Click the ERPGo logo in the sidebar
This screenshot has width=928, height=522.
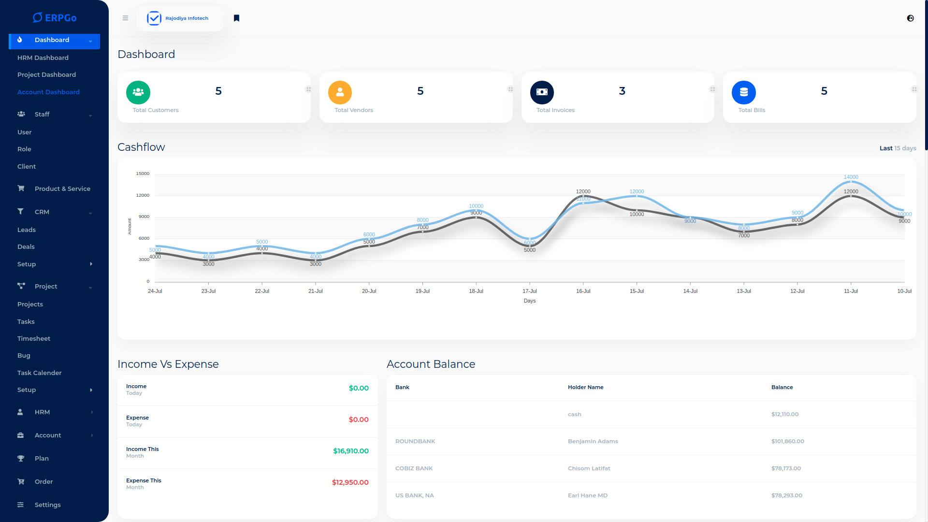(55, 18)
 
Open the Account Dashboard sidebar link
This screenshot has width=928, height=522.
(48, 92)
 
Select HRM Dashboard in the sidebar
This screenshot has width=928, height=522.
(43, 58)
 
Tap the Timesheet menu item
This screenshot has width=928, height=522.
(34, 338)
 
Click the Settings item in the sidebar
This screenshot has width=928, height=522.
(47, 505)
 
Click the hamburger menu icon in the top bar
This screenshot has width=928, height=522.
(125, 18)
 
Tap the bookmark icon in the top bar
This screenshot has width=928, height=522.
(237, 18)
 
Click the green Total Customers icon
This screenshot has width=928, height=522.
(138, 92)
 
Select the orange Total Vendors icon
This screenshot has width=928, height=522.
(340, 92)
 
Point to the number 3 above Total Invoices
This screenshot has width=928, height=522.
(622, 91)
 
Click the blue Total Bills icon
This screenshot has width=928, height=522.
(744, 92)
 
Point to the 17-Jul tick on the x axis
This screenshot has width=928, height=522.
(530, 291)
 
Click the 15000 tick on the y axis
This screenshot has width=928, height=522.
(143, 174)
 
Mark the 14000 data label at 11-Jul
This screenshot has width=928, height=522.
(851, 177)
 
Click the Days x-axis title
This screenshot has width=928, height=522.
(530, 301)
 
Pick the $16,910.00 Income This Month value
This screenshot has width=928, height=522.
(351, 451)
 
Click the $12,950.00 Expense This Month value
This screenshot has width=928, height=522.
(350, 482)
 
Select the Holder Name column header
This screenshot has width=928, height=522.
(586, 387)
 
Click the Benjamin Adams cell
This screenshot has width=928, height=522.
(593, 441)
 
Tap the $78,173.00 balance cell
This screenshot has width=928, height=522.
(786, 468)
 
